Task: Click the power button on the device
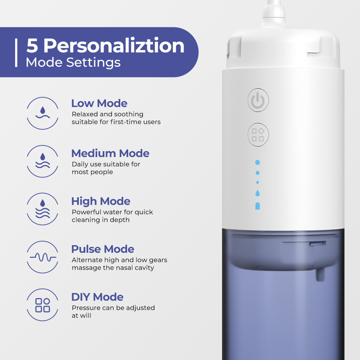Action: [258, 100]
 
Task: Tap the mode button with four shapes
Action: [258, 135]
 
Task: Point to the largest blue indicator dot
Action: [257, 162]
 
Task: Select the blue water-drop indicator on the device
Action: [257, 193]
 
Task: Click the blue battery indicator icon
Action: [257, 206]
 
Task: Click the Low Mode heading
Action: [99, 103]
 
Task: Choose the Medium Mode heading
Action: [110, 153]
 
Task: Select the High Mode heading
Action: [101, 201]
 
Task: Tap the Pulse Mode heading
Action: [103, 249]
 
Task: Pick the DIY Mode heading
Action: [97, 297]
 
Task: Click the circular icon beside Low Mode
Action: [42, 113]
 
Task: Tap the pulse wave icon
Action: [42, 257]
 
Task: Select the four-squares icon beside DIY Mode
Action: [42, 305]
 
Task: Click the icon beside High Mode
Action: [42, 209]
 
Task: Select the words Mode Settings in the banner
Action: [73, 62]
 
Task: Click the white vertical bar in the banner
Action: [16, 53]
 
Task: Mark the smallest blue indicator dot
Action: [257, 183]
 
